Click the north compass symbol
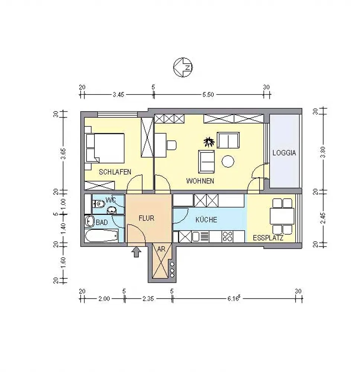click(183, 67)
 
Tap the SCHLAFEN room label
click(115, 172)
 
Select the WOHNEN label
click(200, 181)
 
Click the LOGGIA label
click(284, 153)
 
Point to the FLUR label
click(146, 218)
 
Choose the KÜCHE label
click(206, 219)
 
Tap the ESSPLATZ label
click(268, 238)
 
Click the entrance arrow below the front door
click(136, 252)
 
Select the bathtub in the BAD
click(101, 236)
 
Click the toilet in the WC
click(99, 203)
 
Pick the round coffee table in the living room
click(228, 161)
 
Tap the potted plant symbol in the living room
click(209, 142)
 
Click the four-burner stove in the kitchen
click(227, 237)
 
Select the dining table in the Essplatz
click(282, 216)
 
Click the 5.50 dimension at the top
click(208, 94)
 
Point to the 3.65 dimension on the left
click(63, 154)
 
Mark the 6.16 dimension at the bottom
click(234, 298)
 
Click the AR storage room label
click(161, 249)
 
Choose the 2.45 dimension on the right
click(323, 218)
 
